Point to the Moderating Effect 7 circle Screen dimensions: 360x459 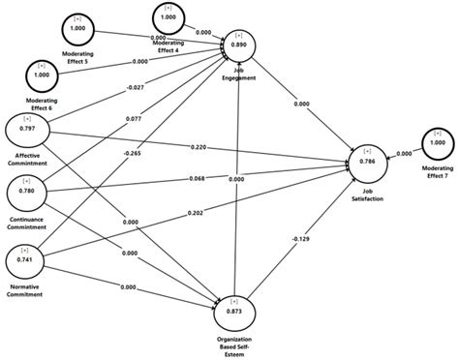point(437,142)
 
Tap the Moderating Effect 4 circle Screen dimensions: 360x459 point(168,17)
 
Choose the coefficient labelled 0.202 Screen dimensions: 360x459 point(194,213)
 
